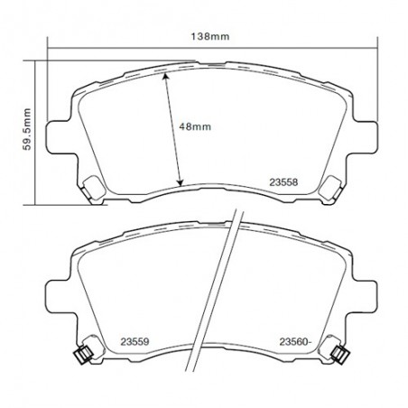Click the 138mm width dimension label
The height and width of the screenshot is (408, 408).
(x=210, y=37)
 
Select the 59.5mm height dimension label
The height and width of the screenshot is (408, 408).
(x=27, y=129)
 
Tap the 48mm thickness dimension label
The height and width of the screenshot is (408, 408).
(x=195, y=126)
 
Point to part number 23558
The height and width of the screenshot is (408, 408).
(x=283, y=182)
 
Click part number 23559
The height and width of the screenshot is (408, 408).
(x=134, y=342)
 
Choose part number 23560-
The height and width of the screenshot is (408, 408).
(x=296, y=342)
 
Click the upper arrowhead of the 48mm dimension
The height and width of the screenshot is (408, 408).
(x=165, y=76)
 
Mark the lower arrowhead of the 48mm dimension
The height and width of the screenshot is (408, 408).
(x=180, y=182)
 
